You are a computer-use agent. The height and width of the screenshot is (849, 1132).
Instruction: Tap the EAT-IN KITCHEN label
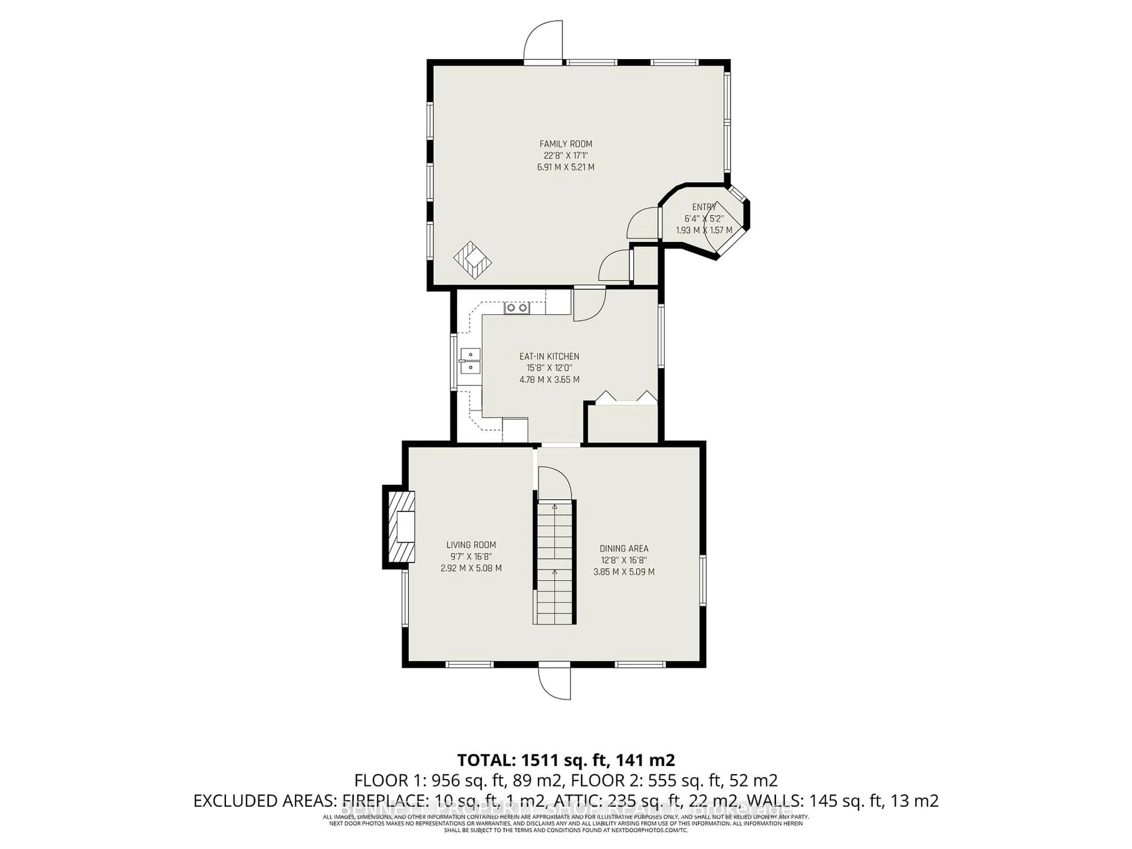[x=549, y=356]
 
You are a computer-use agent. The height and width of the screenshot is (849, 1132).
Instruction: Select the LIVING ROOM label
[x=471, y=545]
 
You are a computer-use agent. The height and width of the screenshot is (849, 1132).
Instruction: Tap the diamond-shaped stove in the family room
[x=472, y=260]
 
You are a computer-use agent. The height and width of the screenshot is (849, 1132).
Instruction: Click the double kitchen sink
[x=111, y=361]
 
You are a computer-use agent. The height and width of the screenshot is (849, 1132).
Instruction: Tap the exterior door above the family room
[x=544, y=42]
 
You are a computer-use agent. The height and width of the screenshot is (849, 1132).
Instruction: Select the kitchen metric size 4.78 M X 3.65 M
[x=549, y=380]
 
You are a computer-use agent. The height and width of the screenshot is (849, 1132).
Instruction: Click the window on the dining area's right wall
[x=703, y=580]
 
